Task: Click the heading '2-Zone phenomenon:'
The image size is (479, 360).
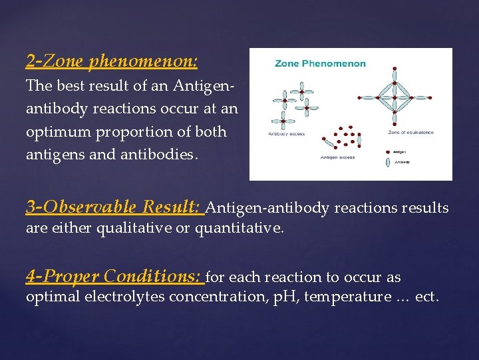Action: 112,62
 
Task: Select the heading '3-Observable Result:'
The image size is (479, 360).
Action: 114,207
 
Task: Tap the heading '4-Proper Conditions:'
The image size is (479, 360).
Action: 115,275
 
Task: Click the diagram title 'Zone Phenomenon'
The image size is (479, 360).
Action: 320,64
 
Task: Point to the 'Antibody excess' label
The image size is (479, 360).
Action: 286,134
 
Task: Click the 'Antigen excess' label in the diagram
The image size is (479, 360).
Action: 338,157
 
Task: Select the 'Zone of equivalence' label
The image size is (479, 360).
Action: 410,132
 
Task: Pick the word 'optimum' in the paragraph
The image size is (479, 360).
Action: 56,132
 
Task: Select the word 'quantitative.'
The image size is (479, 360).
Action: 239,229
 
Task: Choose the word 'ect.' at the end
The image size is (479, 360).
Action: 426,297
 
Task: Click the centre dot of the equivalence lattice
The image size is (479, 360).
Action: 394,99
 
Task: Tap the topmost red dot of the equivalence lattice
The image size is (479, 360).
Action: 395,68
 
